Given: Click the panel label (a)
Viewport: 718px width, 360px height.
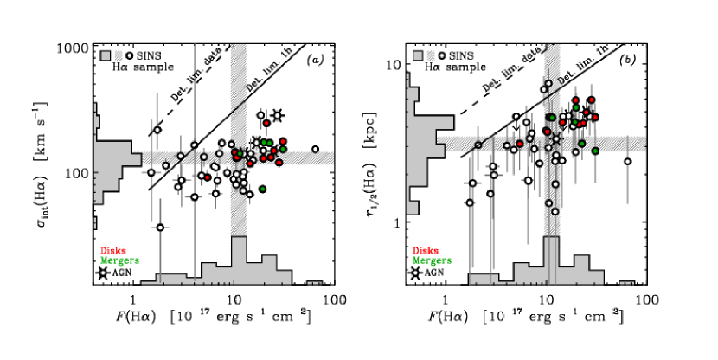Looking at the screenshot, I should click(x=317, y=59).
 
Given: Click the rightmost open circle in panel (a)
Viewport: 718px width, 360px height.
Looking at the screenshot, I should click(x=315, y=150).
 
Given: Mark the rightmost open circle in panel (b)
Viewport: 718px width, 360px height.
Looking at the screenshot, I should click(x=627, y=161).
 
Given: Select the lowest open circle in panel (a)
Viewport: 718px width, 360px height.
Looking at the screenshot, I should click(x=160, y=228).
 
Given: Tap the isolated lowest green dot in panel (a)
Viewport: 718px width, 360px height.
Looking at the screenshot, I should click(x=262, y=189).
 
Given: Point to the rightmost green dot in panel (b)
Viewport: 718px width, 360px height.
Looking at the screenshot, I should click(x=596, y=151).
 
